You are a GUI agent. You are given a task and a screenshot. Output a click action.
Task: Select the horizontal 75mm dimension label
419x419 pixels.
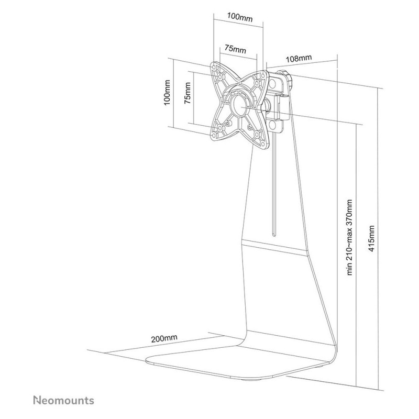(x=235, y=49)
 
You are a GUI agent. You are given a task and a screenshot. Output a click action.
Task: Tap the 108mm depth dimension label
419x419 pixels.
(x=299, y=58)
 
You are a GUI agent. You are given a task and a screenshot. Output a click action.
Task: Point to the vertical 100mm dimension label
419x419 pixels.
(x=167, y=93)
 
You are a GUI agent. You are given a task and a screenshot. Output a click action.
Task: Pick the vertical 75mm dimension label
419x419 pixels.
(x=188, y=93)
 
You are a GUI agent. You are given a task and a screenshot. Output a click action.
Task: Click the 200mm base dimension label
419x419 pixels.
(x=164, y=338)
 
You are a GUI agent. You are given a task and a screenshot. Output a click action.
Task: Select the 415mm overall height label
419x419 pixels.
(x=371, y=239)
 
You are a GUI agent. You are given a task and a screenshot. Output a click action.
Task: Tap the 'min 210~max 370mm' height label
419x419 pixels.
(x=349, y=237)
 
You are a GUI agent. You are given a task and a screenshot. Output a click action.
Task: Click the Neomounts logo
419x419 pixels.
(x=63, y=401)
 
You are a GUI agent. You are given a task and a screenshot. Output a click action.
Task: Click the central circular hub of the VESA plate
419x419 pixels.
(x=239, y=105)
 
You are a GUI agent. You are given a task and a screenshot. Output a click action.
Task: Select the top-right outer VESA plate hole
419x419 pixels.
(x=262, y=76)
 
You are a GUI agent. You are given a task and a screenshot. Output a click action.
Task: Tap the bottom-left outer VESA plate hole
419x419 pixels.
(x=215, y=135)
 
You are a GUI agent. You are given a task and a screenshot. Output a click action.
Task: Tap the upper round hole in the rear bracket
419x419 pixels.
(x=274, y=84)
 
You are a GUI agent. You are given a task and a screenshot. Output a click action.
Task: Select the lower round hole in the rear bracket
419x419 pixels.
(x=273, y=124)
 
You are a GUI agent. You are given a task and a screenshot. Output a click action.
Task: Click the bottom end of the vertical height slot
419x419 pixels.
(x=274, y=235)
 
